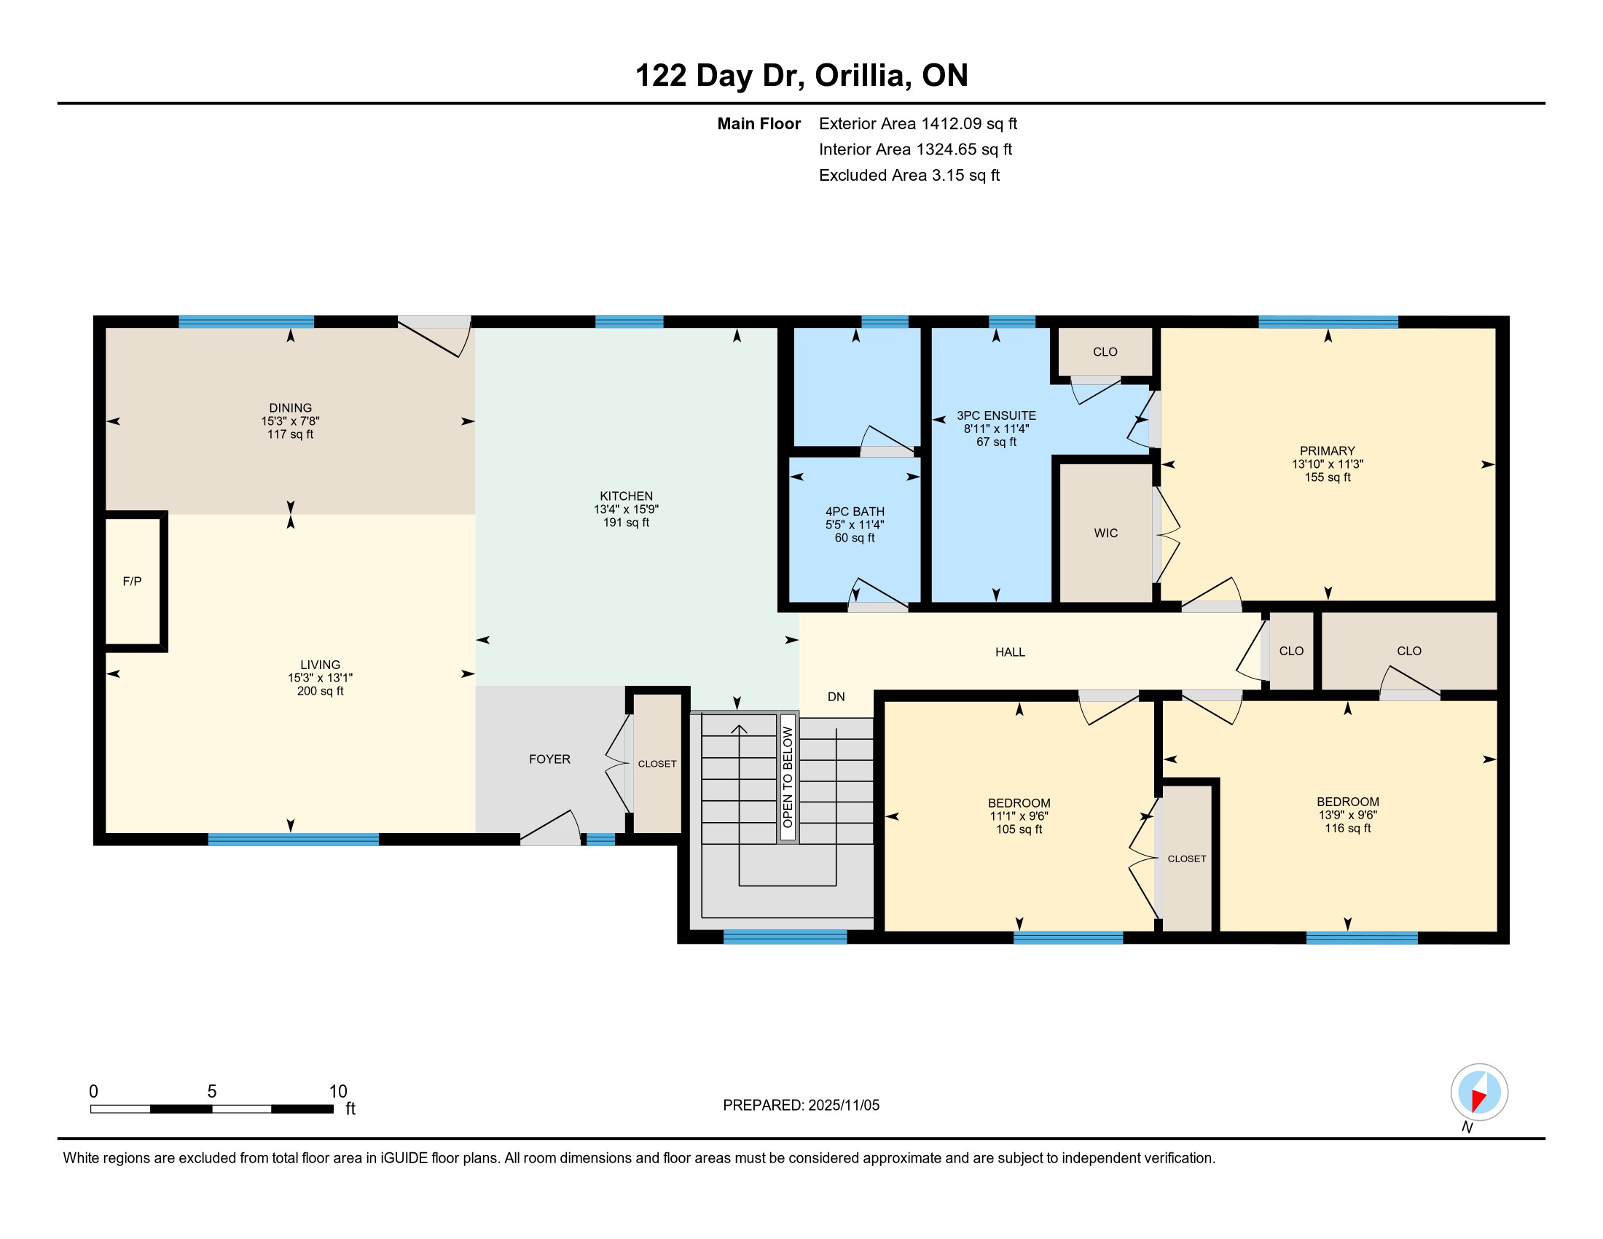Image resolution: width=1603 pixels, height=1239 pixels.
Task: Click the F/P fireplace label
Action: pos(132,582)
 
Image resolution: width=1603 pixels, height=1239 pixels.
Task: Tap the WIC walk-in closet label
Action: pos(1105,533)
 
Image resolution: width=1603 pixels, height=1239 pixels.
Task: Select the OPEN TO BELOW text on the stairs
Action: pos(788,777)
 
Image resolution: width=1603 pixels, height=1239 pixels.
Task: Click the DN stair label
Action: pos(836,697)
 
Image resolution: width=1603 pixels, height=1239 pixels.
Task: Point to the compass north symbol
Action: pos(1479,1093)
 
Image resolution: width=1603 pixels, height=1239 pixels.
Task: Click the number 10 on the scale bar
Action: pos(337,1092)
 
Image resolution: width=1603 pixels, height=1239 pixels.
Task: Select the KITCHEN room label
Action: pos(626,496)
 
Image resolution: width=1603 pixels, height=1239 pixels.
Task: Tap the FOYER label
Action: pos(549,759)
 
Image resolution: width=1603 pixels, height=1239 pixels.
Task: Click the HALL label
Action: pos(1010,652)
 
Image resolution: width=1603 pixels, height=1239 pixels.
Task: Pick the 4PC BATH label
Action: pos(855,512)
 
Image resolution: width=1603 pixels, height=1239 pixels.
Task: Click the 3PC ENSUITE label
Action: pos(996,415)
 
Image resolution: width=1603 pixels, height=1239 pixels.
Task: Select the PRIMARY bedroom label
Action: pos(1327,450)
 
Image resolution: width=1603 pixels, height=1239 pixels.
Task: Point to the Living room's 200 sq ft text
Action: pos(320,691)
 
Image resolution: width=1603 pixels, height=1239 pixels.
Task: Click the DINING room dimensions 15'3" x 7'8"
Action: pos(290,421)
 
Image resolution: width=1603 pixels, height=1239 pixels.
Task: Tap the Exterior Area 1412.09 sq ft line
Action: pos(917,123)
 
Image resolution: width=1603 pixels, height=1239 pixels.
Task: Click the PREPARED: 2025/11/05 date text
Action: pos(801,1105)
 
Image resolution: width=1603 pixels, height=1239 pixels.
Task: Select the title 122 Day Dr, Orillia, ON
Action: pos(801,75)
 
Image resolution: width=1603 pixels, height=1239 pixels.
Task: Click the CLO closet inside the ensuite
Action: pos(1105,351)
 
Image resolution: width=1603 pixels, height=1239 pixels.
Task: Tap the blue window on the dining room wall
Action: pos(246,321)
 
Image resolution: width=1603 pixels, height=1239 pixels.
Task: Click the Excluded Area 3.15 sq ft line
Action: pos(909,175)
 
